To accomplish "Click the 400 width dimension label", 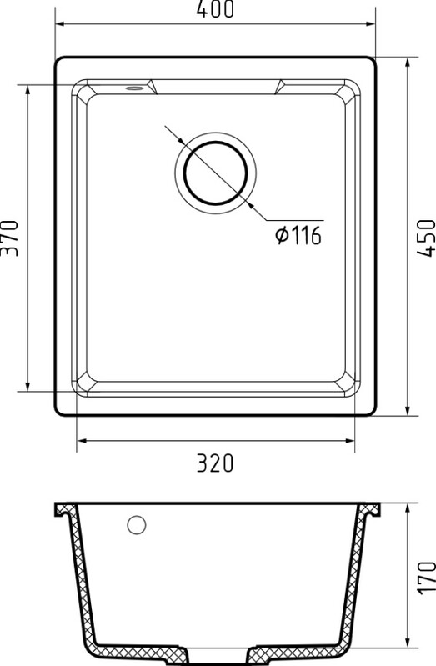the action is (215, 9).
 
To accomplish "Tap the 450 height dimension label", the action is (426, 238).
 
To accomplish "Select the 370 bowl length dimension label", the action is (9, 238).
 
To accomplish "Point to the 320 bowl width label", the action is (215, 463).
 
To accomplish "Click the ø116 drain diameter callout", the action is (298, 235).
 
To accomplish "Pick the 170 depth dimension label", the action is (426, 578).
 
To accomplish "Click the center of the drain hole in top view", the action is (215, 173).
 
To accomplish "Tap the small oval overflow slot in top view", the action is (134, 88).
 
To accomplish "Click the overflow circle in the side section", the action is (137, 525).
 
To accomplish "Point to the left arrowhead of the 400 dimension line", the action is (60, 24).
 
